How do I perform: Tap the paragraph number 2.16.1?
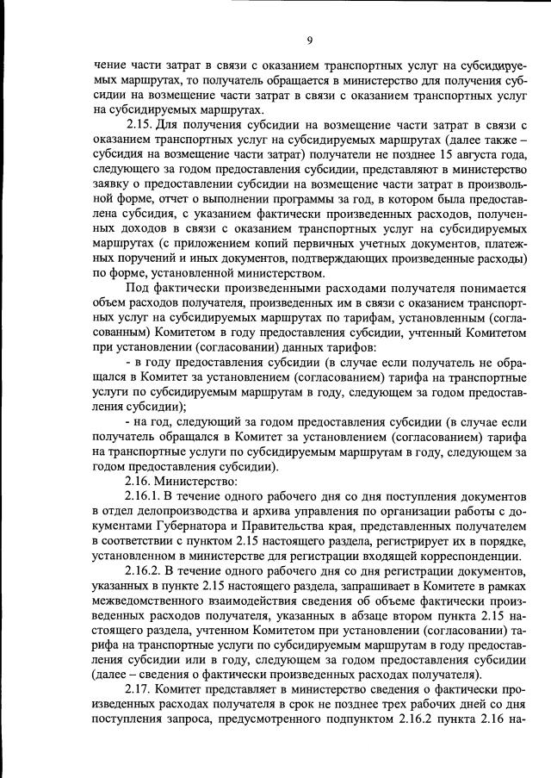pos(144,498)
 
